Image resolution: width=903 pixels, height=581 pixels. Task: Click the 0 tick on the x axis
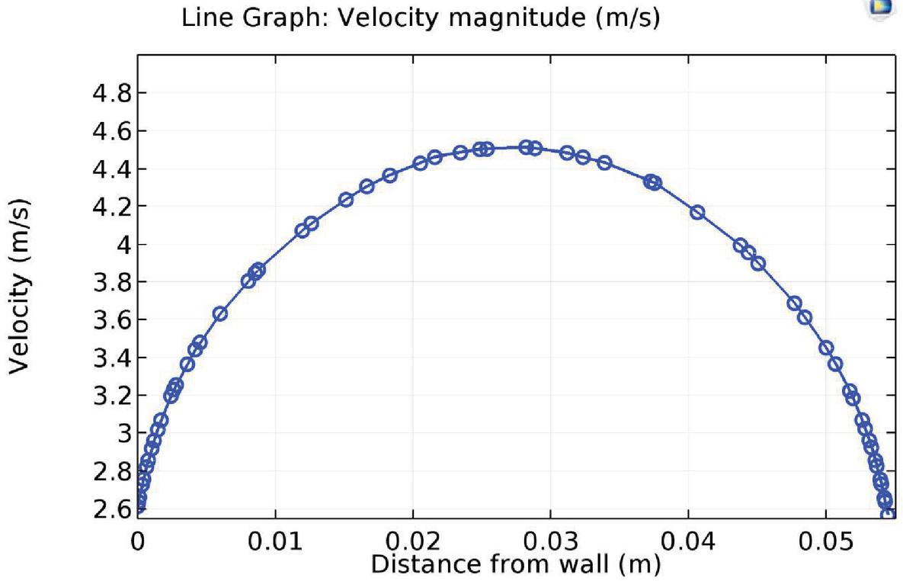(138, 544)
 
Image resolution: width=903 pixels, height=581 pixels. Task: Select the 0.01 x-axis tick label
(275, 544)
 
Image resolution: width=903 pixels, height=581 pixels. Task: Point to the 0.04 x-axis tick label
(689, 544)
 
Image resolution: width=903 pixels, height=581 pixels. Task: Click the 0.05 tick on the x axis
(826, 544)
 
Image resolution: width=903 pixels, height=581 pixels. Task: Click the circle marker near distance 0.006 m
(219, 313)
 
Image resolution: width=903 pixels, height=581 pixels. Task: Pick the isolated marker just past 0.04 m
(696, 212)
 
